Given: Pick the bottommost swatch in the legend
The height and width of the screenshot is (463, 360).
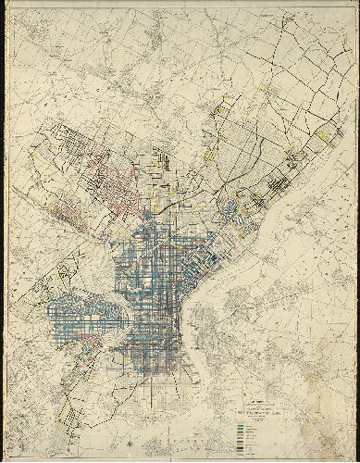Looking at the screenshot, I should (242, 451).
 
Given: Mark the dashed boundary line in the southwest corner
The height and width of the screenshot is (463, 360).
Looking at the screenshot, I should (37, 407).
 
